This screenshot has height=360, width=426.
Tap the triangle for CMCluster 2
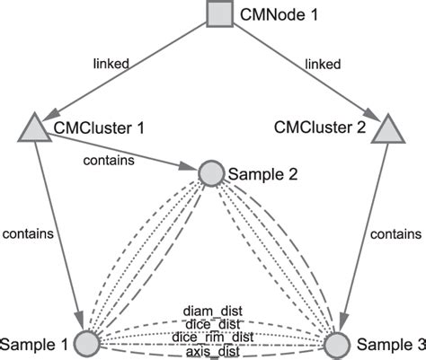point(386,131)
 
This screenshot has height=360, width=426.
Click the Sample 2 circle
point(210,173)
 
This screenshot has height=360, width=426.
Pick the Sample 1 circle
point(86,343)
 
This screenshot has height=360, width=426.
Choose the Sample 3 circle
point(334,344)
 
